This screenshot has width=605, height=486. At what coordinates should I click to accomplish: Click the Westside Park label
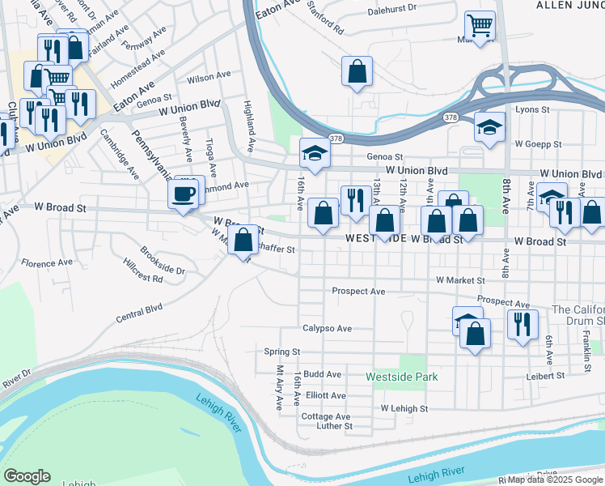click(401, 377)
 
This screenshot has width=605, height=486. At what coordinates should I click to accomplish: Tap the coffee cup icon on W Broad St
click(184, 194)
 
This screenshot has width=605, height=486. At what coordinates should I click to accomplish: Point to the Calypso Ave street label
click(328, 329)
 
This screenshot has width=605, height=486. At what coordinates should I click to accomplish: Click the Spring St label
click(282, 352)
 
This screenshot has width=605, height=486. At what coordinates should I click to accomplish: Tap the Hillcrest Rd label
click(144, 278)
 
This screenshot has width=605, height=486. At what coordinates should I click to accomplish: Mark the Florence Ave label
click(47, 263)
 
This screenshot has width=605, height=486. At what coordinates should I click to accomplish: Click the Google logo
click(27, 476)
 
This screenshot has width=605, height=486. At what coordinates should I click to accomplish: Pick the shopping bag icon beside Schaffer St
click(243, 240)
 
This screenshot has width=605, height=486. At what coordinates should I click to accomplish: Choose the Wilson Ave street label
click(209, 77)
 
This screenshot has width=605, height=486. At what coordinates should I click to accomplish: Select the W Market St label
click(459, 280)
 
